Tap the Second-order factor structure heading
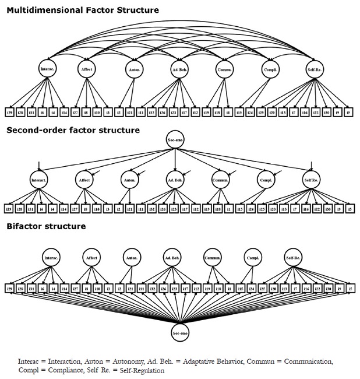tap(73, 130)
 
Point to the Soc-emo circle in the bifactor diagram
tap(180, 333)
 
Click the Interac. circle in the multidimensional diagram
tap(48, 69)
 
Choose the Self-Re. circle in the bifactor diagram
tap(292, 257)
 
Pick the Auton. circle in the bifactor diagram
tap(132, 257)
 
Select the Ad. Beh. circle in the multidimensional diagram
tap(179, 69)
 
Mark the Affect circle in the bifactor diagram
tap(91, 257)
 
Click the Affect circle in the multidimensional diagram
tap(86, 69)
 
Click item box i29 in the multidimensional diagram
tap(10, 111)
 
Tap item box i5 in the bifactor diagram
tap(350, 289)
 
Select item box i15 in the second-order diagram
tap(240, 208)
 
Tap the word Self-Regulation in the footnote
tap(135, 370)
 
